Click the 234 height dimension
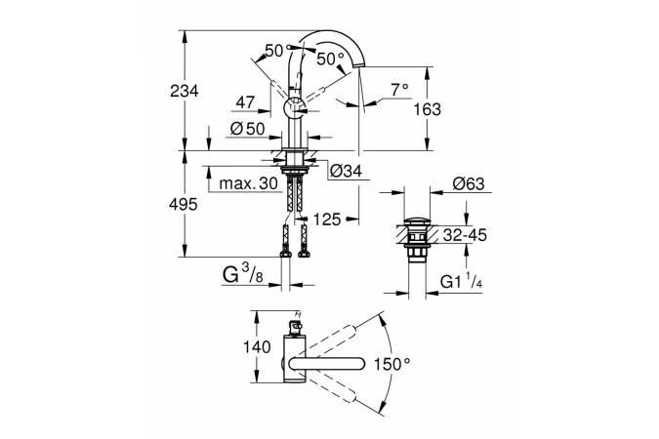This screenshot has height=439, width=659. click(185, 90)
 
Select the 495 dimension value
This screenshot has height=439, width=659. click(185, 204)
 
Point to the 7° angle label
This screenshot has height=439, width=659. click(397, 89)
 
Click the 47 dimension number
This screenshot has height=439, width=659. click(246, 101)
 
